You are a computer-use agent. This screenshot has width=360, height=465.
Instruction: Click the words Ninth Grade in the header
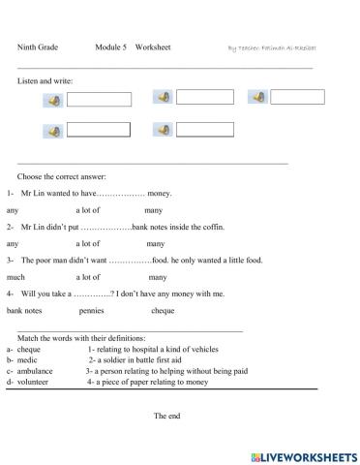(38, 46)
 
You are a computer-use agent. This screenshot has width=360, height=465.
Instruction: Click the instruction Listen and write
(45, 81)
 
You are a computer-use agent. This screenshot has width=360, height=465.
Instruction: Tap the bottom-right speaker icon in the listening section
(163, 130)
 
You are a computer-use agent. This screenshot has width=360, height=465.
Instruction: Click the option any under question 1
(13, 210)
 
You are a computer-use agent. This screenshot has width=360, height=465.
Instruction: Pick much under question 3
(15, 277)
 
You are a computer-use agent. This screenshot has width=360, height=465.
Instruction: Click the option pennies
(92, 311)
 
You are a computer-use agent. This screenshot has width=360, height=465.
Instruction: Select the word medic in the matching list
(25, 359)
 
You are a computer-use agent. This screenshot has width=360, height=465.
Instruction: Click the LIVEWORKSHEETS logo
(303, 454)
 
